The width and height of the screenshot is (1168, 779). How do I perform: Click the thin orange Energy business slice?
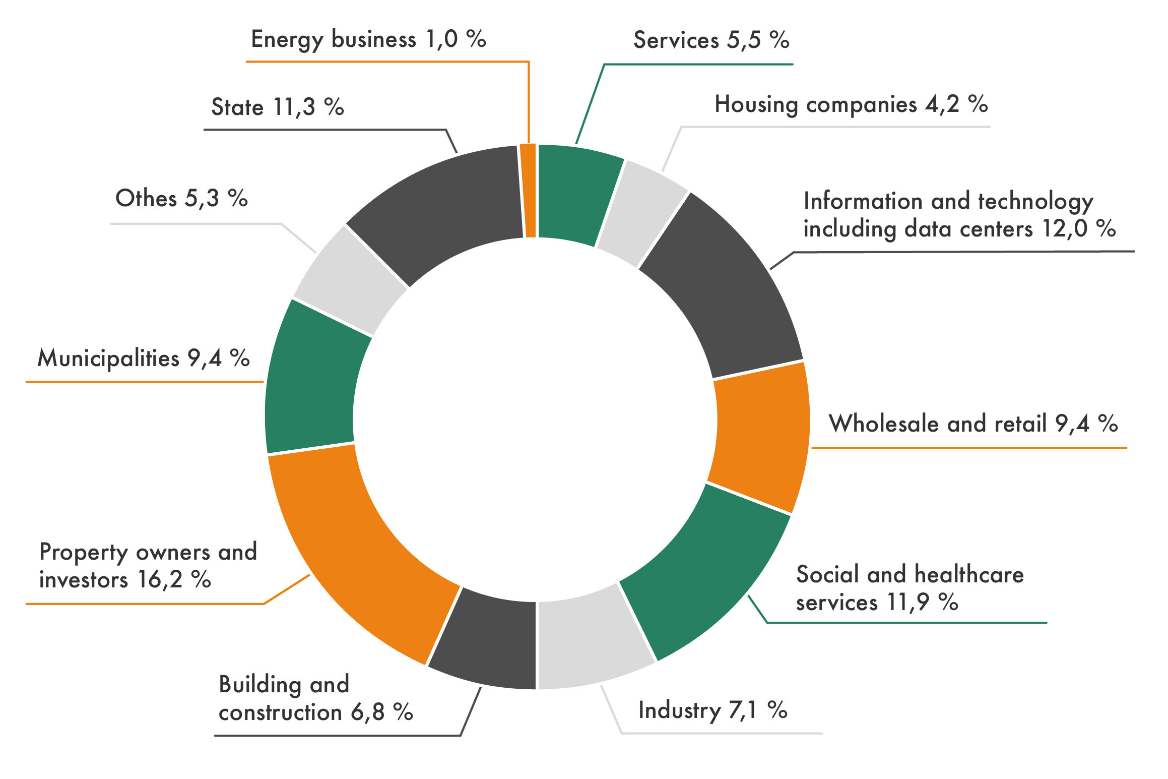(x=529, y=191)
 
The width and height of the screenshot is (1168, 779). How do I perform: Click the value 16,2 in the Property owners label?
(x=160, y=580)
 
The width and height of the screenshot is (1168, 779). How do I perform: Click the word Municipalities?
(x=108, y=358)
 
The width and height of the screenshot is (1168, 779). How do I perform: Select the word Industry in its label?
(x=679, y=711)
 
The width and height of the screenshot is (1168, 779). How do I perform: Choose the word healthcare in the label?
(x=969, y=575)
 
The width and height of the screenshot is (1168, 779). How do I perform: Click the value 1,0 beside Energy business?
(x=441, y=39)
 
